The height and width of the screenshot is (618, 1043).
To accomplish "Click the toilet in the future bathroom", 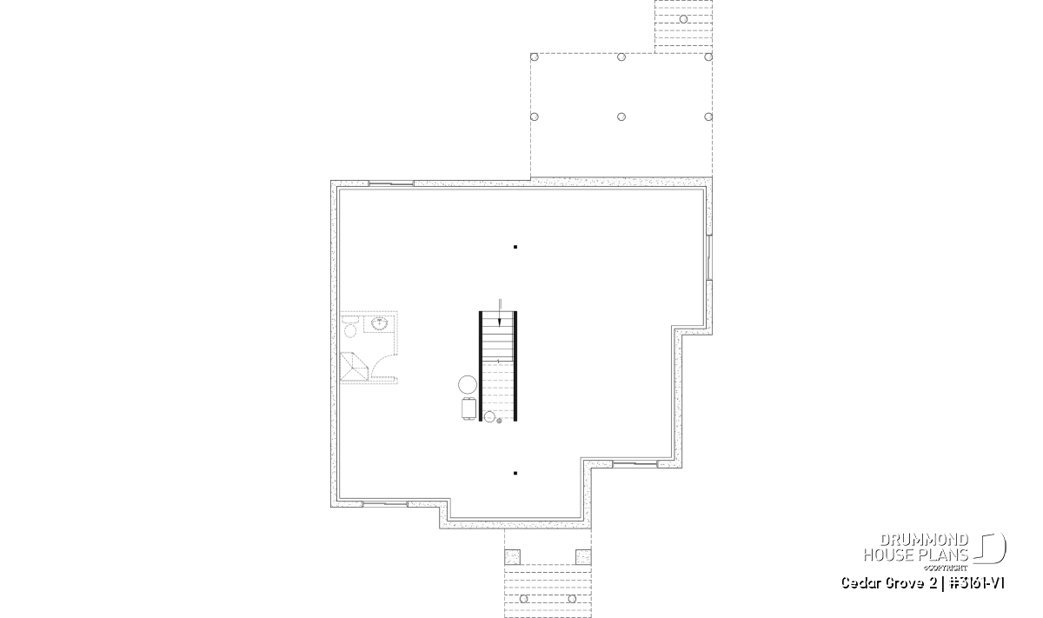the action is [x=350, y=327].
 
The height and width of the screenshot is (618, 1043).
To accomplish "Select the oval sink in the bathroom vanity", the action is [x=380, y=323].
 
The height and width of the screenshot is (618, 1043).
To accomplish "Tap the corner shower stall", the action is [x=355, y=367].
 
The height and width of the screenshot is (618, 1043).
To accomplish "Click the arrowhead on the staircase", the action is [x=500, y=322].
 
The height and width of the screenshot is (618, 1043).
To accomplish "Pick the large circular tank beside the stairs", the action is [x=468, y=385].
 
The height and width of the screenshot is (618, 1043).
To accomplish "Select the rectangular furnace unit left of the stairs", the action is [x=468, y=409].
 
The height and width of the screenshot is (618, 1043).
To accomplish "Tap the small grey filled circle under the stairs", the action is [x=499, y=421].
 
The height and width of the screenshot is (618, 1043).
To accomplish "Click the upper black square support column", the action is [x=515, y=247].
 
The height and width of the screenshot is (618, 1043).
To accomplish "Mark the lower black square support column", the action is [x=515, y=473].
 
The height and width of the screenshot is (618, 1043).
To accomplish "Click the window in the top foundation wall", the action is [x=391, y=183].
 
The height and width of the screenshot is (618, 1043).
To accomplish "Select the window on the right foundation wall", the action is [x=709, y=257].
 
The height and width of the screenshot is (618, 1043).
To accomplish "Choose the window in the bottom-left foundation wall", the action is [x=385, y=504].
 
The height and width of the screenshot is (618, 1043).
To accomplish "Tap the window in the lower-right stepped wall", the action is [x=634, y=464].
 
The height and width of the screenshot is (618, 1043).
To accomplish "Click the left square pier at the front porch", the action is [x=512, y=557].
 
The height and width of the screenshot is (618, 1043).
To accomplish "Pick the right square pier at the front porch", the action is [x=583, y=557].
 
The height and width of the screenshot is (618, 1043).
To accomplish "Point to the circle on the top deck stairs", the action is [x=683, y=19].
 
